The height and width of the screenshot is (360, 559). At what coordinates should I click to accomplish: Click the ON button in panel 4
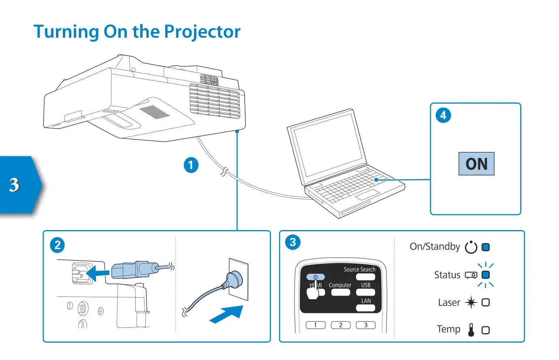tap(476, 164)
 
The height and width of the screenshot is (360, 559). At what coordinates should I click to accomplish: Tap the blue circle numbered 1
tap(191, 165)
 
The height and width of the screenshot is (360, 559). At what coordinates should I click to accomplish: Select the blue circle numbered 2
tap(57, 245)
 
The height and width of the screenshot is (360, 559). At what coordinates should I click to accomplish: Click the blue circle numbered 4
tap(443, 115)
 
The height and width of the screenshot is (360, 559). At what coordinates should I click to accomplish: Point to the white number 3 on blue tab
tap(15, 185)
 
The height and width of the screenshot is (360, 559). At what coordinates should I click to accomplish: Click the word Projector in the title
tap(202, 32)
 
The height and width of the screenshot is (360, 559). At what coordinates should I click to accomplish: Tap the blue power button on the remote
tap(316, 277)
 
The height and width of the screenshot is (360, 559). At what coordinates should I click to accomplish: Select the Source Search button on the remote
tap(365, 277)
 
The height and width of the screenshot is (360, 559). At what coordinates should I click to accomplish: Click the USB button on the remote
tap(365, 292)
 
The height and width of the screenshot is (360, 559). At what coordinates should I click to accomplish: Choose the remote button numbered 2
tap(341, 325)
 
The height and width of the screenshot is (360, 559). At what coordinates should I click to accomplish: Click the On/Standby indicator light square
tap(486, 247)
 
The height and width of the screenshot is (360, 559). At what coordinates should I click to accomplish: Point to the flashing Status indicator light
tap(486, 275)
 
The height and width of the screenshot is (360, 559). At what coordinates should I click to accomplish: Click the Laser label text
tap(449, 302)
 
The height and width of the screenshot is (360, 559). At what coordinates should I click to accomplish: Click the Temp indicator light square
tap(486, 330)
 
